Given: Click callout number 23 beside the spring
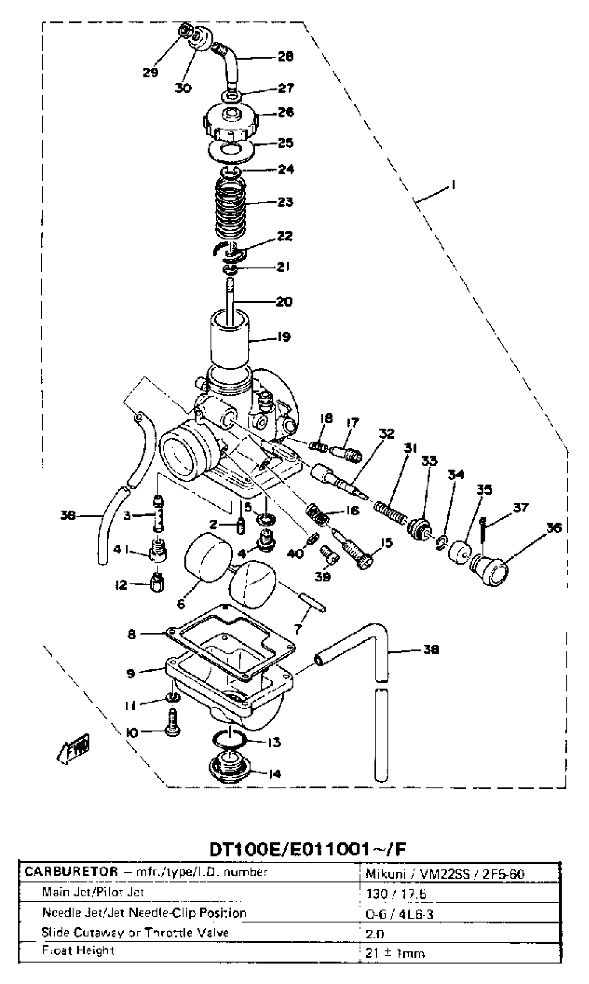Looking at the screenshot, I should click(x=285, y=202).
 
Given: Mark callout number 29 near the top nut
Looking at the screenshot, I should click(x=151, y=72).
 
